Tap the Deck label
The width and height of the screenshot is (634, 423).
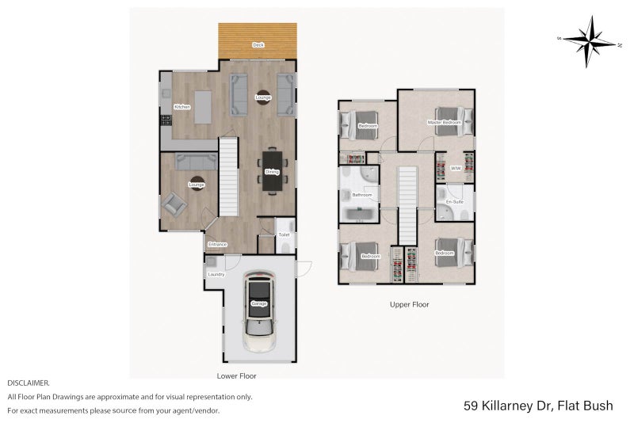pyautogui.click(x=258, y=45)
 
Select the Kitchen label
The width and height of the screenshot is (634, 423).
pyautogui.click(x=181, y=107)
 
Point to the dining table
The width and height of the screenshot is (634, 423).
pyautogui.click(x=272, y=170)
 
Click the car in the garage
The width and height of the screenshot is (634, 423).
pyautogui.click(x=259, y=311)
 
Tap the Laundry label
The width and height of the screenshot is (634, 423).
pyautogui.click(x=216, y=275)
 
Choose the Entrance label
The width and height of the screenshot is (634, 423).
pyautogui.click(x=218, y=245)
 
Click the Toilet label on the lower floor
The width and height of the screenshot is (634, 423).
pyautogui.click(x=284, y=235)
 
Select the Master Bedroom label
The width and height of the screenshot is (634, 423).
pyautogui.click(x=444, y=123)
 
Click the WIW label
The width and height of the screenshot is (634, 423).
pyautogui.click(x=456, y=169)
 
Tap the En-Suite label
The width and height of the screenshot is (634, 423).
pyautogui.click(x=454, y=203)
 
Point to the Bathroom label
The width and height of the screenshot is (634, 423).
pyautogui.click(x=362, y=195)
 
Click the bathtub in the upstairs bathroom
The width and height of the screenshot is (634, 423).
pyautogui.click(x=361, y=213)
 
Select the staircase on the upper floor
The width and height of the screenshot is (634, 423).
pyautogui.click(x=407, y=204)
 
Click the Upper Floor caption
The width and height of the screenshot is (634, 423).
pyautogui.click(x=409, y=304)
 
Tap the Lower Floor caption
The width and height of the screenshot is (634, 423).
pyautogui.click(x=236, y=375)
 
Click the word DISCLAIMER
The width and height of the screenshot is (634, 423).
pyautogui.click(x=29, y=382)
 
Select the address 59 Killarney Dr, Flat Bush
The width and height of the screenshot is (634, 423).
pyautogui.click(x=537, y=406)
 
